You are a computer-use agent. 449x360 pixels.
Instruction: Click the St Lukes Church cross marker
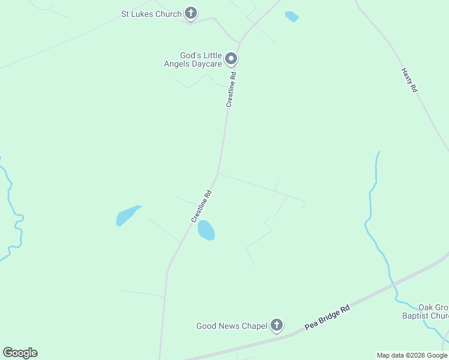click(x=191, y=13)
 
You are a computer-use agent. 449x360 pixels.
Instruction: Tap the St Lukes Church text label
click(x=151, y=14)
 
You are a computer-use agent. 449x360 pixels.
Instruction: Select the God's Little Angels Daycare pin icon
click(x=232, y=59)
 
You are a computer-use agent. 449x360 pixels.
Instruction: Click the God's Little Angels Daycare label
click(x=193, y=59)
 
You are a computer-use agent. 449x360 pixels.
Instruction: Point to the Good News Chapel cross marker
click(x=276, y=325)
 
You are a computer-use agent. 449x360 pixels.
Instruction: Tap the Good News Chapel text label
click(x=231, y=326)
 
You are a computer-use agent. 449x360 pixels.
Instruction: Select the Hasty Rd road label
click(x=409, y=80)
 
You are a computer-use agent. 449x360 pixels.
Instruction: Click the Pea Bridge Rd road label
click(x=327, y=316)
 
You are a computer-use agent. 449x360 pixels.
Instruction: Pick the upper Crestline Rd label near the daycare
click(x=232, y=90)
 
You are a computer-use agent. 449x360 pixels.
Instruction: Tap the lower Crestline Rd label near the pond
click(x=202, y=206)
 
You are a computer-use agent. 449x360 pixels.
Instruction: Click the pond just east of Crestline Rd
click(x=206, y=230)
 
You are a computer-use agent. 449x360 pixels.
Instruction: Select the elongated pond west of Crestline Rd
click(x=128, y=215)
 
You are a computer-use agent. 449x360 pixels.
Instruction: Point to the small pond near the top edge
click(x=292, y=16)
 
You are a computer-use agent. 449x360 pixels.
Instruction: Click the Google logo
click(x=20, y=353)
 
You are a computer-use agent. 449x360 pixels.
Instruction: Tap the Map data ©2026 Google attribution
click(x=412, y=355)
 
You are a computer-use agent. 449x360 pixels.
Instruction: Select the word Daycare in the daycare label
click(x=205, y=64)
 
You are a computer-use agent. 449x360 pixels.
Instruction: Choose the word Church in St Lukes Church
click(x=169, y=14)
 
